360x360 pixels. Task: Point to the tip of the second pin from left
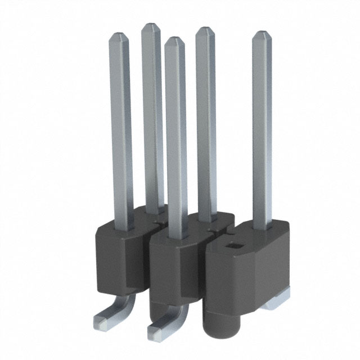tap(151, 26)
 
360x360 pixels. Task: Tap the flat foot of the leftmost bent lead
tap(102, 321)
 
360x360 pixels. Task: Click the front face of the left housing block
tap(115, 264)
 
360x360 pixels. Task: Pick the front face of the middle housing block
tap(172, 276)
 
